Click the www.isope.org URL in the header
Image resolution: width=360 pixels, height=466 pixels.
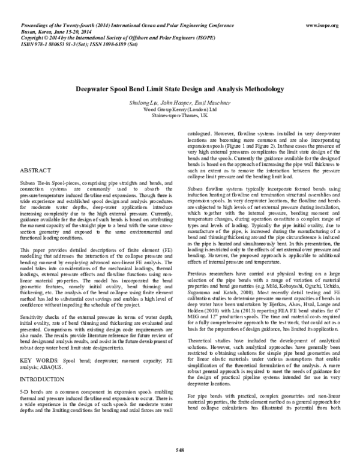(322, 25)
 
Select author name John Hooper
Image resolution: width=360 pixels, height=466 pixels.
(173, 104)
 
